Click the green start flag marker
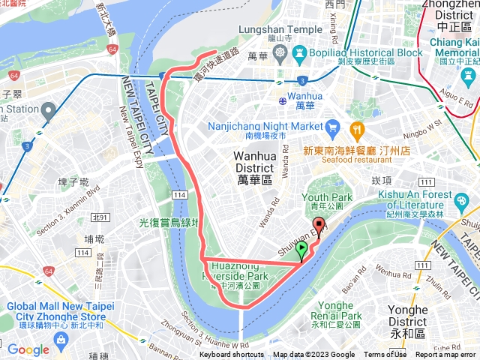click(x=301, y=250)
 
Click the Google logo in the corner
click(x=28, y=349)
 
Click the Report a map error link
click(x=446, y=355)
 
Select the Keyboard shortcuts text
click(x=232, y=355)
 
